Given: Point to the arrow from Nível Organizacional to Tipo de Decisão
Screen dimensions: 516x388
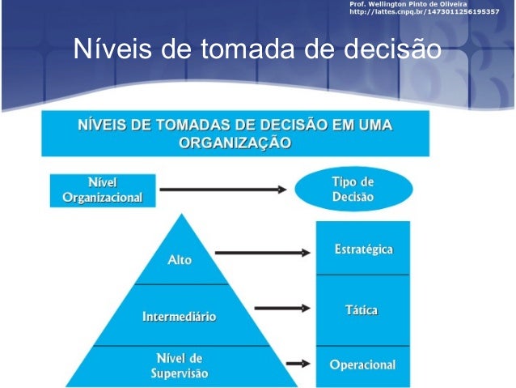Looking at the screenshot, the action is (222, 190).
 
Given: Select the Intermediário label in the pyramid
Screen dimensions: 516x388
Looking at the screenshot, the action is (180, 317).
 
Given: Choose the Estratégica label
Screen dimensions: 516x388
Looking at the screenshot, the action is (363, 249).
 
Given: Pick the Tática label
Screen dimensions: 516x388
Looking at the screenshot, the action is (363, 310).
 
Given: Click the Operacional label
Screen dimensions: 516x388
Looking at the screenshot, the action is (362, 365).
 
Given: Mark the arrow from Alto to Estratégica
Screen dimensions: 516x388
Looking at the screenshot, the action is (263, 253).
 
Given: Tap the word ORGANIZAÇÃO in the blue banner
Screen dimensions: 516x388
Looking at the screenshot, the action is (235, 143).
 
